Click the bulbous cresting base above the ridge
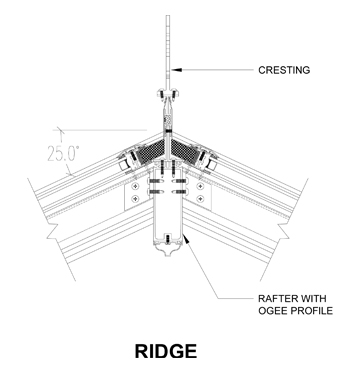pyautogui.click(x=167, y=103)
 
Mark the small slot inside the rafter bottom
pyautogui.click(x=168, y=239)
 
